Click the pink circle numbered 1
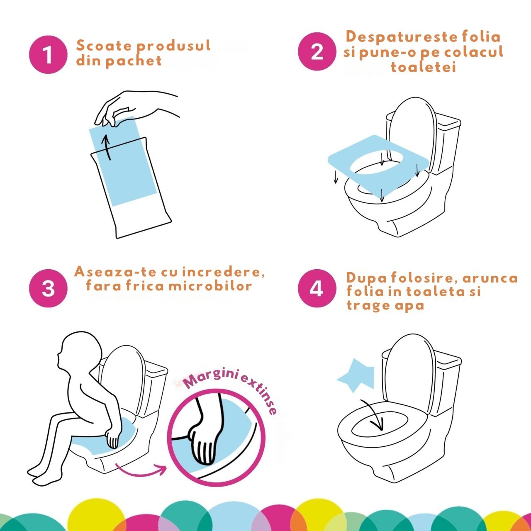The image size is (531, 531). pyautogui.click(x=48, y=55)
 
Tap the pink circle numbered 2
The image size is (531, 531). pyautogui.click(x=317, y=51)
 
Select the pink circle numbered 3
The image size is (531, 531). pyautogui.click(x=48, y=288)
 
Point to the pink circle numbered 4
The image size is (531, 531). pyautogui.click(x=317, y=288)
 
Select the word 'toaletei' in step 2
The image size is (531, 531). pyautogui.click(x=423, y=67)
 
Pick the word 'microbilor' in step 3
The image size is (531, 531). pyautogui.click(x=210, y=286)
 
